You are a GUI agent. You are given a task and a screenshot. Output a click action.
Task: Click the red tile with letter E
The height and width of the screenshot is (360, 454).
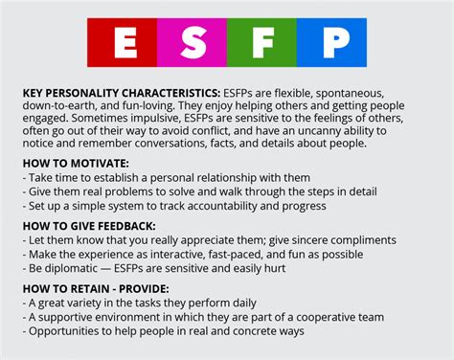point(124,45)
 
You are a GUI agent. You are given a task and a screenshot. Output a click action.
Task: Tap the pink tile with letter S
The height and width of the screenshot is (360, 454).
point(192,45)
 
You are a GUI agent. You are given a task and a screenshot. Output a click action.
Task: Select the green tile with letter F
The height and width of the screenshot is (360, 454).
point(261,45)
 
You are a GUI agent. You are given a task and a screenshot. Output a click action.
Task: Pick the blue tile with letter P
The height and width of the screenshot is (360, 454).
point(330,45)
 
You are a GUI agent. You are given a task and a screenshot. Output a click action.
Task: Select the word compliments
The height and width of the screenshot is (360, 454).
point(363,239)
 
